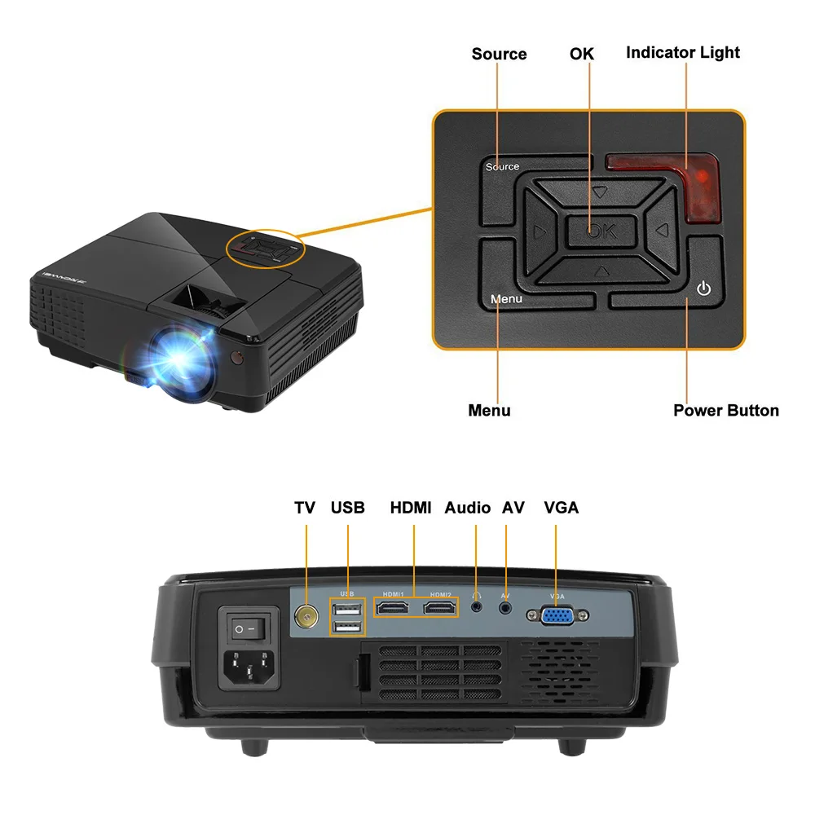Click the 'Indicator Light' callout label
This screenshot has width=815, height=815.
point(683,53)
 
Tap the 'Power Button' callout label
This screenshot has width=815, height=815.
point(725,411)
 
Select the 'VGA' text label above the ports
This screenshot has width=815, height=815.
point(561,508)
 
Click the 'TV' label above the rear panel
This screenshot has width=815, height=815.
point(305,508)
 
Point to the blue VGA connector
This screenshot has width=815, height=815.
point(557,617)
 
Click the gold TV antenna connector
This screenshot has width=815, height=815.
point(306,617)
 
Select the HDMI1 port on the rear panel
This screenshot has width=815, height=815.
point(394,607)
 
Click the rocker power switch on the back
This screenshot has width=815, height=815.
point(242,628)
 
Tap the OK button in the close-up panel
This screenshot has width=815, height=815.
point(601,231)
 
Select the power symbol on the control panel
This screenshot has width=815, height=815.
point(704,289)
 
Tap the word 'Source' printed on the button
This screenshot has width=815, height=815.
point(502,167)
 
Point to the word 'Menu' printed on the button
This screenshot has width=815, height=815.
point(506,299)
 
